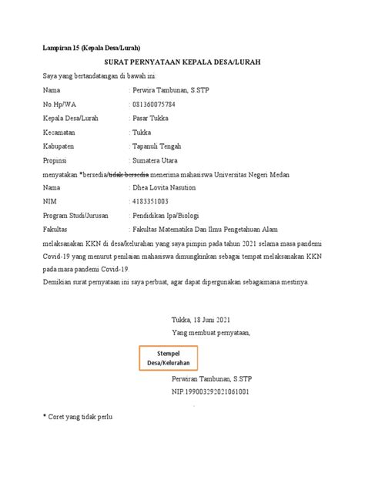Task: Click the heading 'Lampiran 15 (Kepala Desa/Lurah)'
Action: [x=91, y=48]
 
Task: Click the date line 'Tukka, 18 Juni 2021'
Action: [x=200, y=320]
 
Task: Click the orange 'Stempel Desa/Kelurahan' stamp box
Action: [x=168, y=357]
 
